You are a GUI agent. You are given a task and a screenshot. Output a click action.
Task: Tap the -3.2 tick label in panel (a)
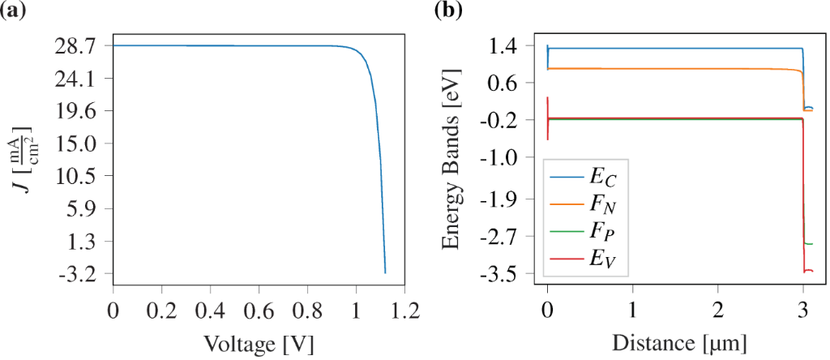pyautogui.click(x=77, y=275)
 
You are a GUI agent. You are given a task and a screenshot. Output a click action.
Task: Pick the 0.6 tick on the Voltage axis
pyautogui.click(x=258, y=311)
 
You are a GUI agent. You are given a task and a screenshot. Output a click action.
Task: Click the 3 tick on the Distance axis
pyautogui.click(x=802, y=311)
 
